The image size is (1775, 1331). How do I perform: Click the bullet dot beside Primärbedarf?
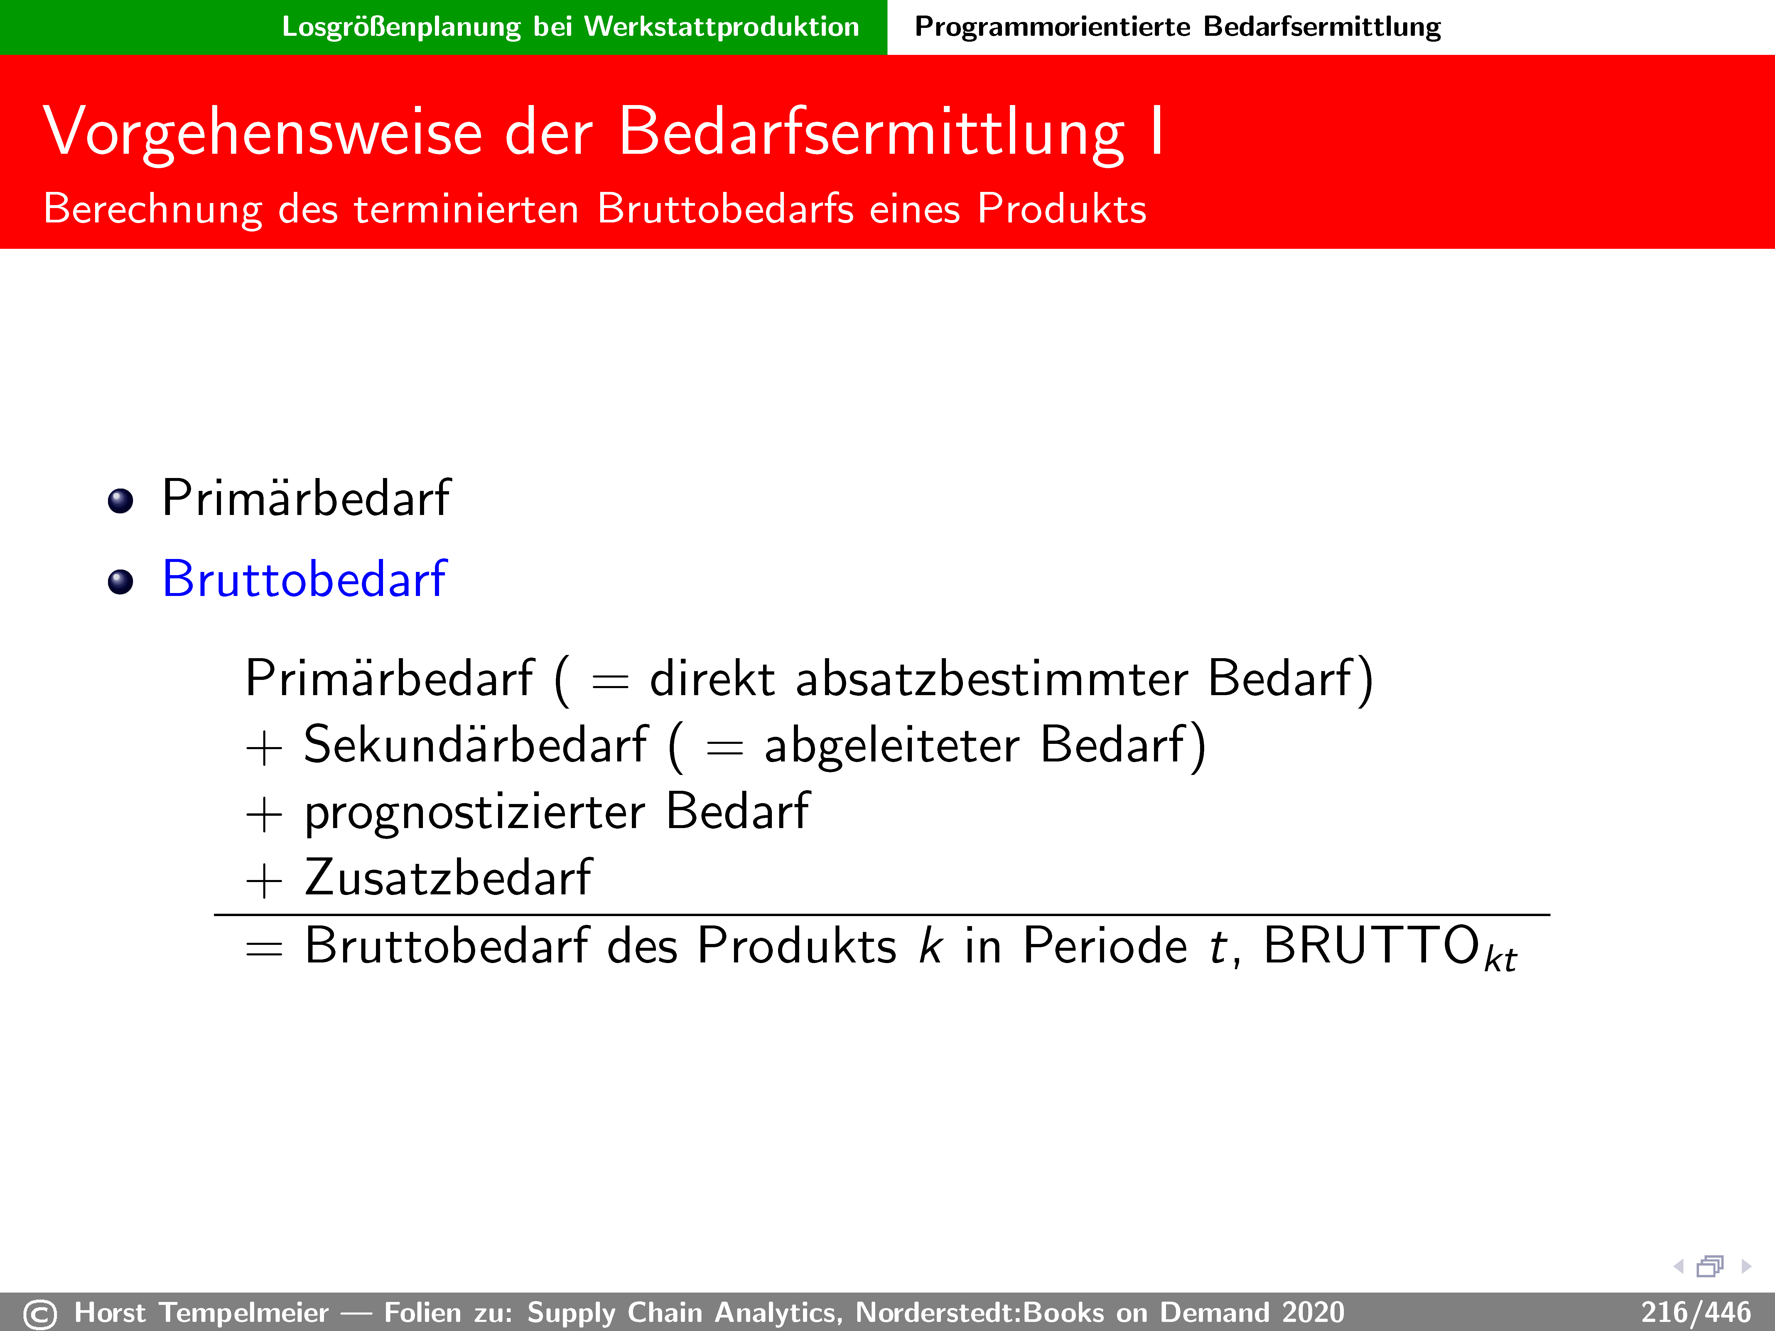point(120,501)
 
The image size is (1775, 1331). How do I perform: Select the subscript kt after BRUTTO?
point(1500,960)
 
